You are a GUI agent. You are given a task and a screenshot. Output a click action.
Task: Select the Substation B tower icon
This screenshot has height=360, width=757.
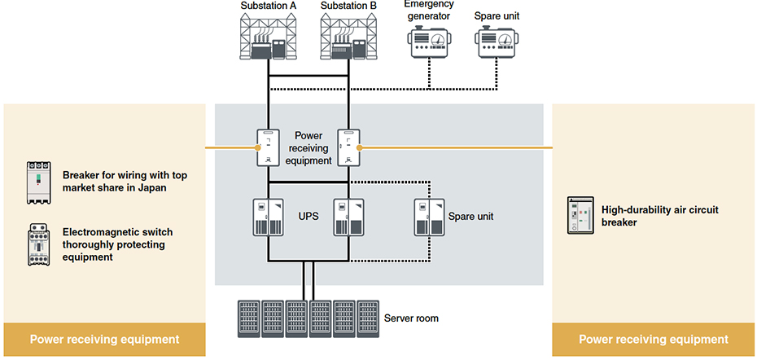(x=348, y=38)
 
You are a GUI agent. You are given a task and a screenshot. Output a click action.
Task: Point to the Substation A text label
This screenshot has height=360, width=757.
(x=268, y=7)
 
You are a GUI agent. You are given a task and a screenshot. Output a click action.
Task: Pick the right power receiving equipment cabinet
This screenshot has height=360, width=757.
(x=348, y=147)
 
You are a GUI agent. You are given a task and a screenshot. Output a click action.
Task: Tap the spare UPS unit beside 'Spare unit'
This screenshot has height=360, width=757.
(x=428, y=217)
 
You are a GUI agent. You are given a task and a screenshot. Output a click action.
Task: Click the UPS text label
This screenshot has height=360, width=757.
(x=306, y=216)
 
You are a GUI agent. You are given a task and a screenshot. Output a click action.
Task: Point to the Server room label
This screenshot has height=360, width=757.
(x=411, y=318)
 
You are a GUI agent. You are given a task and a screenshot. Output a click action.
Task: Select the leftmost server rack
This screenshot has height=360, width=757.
(x=249, y=318)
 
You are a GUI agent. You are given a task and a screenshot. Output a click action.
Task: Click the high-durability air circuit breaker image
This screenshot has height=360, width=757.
(x=580, y=216)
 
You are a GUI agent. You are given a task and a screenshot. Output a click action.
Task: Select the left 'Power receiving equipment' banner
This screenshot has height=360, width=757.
(x=104, y=339)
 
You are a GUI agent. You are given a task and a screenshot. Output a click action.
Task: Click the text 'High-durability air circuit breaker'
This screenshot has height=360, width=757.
(x=659, y=215)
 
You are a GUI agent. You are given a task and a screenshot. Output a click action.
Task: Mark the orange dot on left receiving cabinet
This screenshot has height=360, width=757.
(x=258, y=147)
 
